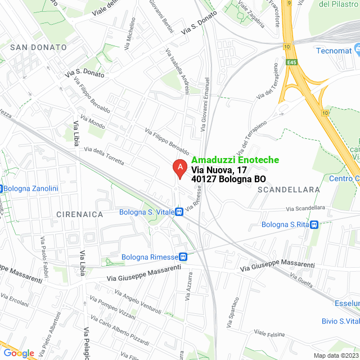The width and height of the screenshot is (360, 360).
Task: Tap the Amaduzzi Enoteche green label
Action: click(x=235, y=160)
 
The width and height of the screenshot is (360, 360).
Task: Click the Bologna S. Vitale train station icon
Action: click(x=179, y=212)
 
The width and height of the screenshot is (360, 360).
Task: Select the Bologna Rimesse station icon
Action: click(x=183, y=256)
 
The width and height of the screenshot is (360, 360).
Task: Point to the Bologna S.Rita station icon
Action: click(x=314, y=224)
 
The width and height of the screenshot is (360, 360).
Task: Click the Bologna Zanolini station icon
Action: click(x=2, y=188)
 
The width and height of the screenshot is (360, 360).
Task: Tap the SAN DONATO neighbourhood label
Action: click(x=38, y=47)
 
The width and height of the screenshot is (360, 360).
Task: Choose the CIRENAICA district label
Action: click(x=79, y=214)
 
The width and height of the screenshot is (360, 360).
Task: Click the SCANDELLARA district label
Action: click(x=289, y=190)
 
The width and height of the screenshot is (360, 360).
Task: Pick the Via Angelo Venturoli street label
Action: click(x=137, y=302)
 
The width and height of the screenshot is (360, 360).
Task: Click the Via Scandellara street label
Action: click(x=305, y=208)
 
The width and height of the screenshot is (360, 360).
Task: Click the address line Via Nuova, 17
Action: click(x=219, y=169)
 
